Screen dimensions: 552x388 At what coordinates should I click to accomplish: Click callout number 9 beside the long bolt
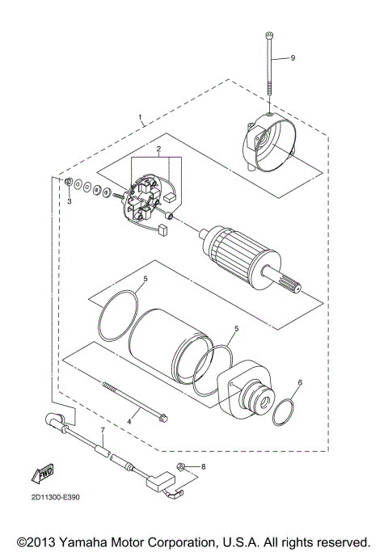click(x=293, y=58)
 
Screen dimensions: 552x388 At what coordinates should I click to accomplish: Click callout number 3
click(x=70, y=200)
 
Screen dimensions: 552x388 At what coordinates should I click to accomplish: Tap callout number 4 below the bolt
click(x=127, y=420)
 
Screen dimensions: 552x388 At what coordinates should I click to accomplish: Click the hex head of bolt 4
click(x=164, y=417)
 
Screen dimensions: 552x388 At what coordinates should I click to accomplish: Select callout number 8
click(x=204, y=466)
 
